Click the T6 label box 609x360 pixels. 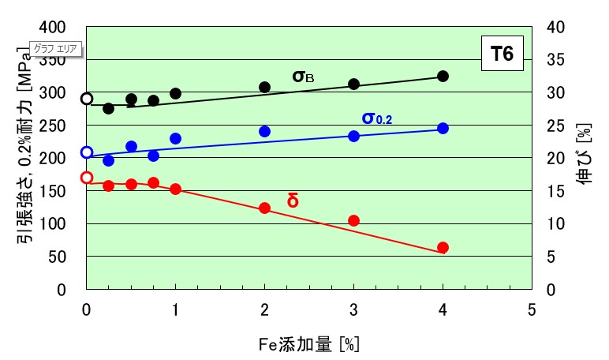[502, 54]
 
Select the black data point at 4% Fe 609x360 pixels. [443, 76]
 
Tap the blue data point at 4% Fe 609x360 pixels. [443, 128]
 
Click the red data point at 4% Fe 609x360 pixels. [443, 247]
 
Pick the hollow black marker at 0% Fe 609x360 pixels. [87, 99]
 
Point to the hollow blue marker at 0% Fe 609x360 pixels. [87, 152]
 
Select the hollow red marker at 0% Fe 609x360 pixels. [87, 178]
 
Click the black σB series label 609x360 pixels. [304, 77]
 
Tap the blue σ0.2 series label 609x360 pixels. [376, 119]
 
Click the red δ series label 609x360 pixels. [293, 200]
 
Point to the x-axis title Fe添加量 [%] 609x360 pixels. [308, 344]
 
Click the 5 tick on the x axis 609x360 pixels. [532, 308]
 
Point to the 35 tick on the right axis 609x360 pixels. [555, 60]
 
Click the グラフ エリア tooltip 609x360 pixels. [55, 49]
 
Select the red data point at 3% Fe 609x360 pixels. [353, 220]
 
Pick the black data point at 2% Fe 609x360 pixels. [265, 87]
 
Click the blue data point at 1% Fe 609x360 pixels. [175, 138]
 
